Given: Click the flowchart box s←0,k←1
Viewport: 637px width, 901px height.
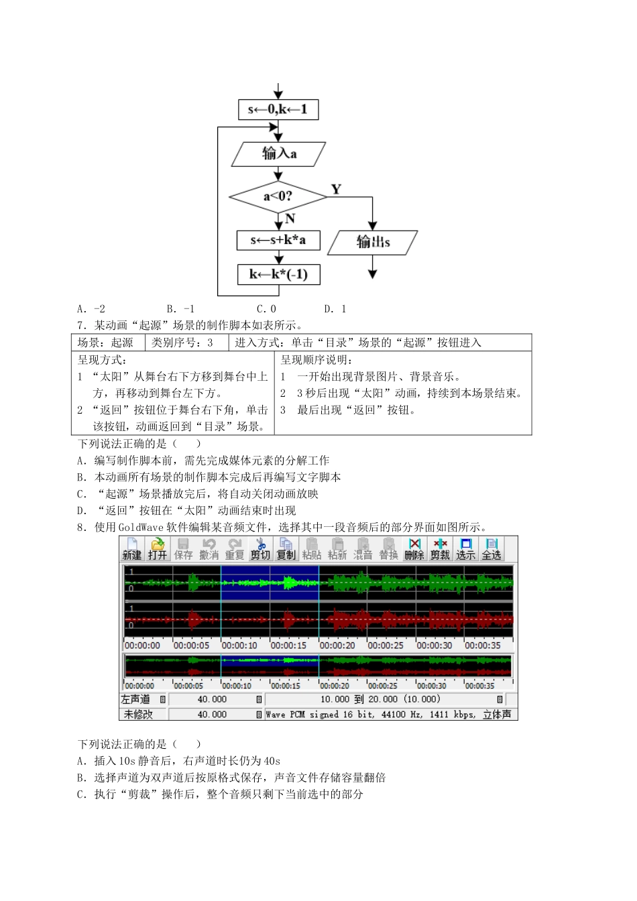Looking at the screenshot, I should (278, 109).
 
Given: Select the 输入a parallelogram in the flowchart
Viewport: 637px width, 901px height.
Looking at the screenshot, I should (278, 154).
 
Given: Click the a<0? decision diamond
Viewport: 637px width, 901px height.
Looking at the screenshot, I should (278, 196).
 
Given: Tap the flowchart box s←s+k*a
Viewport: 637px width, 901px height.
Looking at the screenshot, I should (278, 240).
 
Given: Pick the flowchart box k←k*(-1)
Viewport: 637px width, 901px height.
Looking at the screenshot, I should (278, 274).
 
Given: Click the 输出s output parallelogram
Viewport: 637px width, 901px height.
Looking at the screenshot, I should (373, 242).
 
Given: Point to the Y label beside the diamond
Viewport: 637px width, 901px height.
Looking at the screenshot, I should (336, 189).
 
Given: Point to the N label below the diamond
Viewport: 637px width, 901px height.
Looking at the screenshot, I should (290, 219).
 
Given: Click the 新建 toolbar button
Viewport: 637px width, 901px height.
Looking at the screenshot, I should (132, 549).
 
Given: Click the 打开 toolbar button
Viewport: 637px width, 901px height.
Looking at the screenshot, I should (158, 549).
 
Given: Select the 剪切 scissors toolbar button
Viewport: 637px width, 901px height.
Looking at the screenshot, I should (260, 549).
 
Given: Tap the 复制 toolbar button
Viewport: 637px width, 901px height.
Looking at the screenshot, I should (286, 549).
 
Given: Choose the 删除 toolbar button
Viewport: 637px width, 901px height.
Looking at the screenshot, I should (414, 549).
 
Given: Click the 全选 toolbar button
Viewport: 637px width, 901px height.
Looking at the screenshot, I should (491, 549).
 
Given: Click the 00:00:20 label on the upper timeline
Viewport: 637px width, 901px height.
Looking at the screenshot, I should (337, 646).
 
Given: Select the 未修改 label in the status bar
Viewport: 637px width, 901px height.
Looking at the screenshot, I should (138, 715).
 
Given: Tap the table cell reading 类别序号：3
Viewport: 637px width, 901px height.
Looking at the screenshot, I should (182, 343).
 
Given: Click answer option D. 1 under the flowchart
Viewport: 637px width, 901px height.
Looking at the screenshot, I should (335, 309).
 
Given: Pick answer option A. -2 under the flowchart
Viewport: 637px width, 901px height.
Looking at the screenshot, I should (91, 309).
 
